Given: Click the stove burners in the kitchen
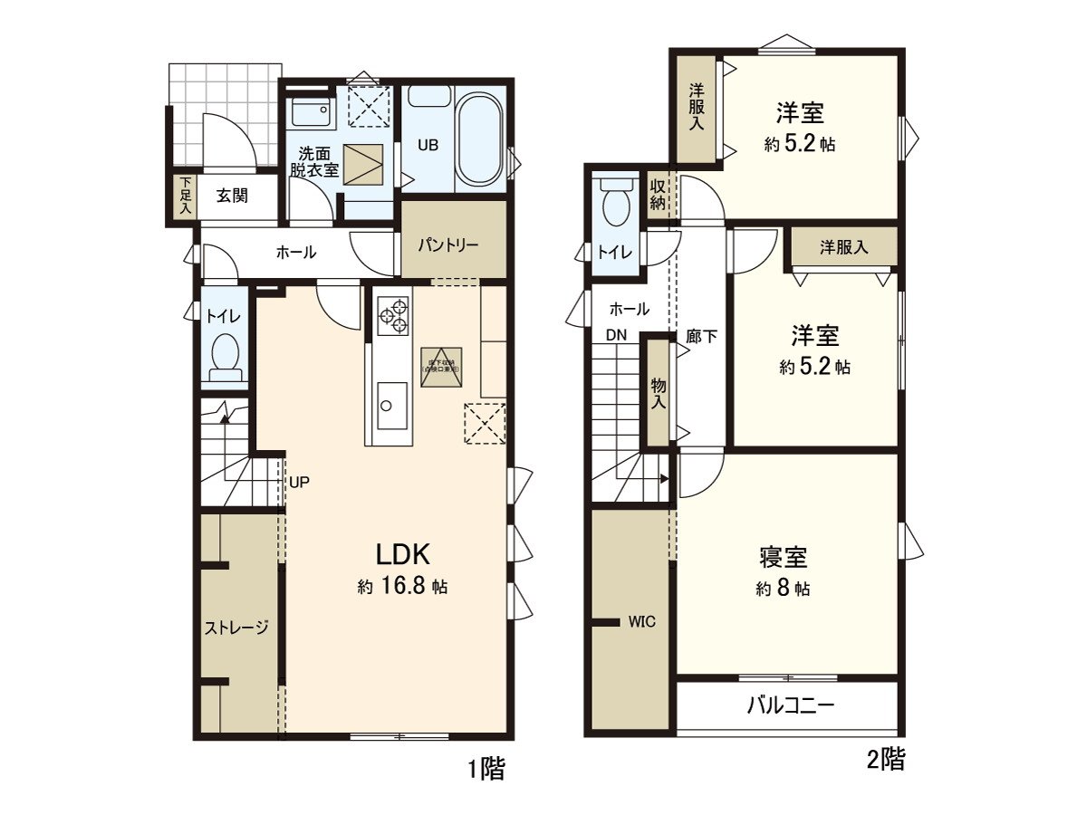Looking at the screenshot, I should coord(392,316).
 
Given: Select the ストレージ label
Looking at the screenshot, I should coord(236,627).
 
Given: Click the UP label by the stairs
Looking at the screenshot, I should coord(299,482).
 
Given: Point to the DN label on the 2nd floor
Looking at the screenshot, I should coord(616,334).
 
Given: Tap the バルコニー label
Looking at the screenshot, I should coord(789,705).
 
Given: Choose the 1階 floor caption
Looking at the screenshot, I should coord(486,770).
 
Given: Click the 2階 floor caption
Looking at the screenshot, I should coord(885,760).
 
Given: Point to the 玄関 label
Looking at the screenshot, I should coord(233,194).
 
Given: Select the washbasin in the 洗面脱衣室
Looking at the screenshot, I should coord(311,114).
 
